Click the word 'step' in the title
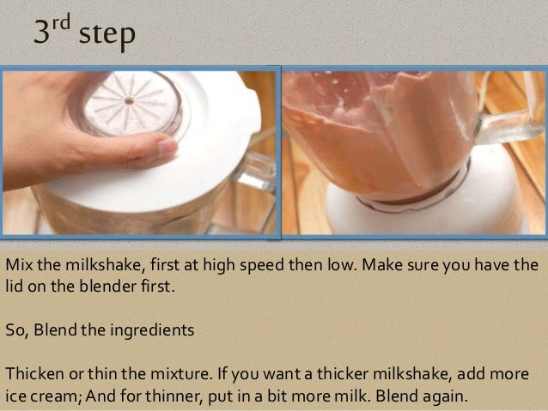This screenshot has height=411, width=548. [107, 35]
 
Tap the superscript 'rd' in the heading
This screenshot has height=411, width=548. [62, 22]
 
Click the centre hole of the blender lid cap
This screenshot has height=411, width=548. [130, 101]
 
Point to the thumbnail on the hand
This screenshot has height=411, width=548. [167, 147]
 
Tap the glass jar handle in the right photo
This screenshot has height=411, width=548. [507, 126]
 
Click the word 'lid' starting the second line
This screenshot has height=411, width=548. [14, 287]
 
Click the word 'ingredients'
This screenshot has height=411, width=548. [152, 331]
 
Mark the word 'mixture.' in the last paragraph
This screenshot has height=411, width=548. [181, 374]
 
